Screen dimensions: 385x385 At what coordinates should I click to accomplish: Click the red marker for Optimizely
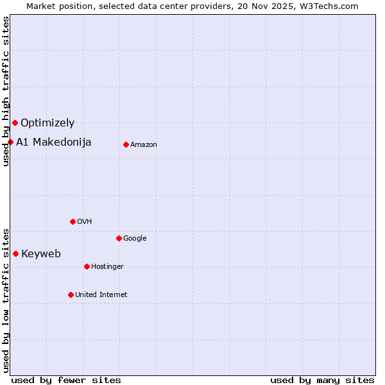15,123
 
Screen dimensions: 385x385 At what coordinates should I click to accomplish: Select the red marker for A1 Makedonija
10,142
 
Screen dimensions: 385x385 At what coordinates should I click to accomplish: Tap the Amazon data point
126,144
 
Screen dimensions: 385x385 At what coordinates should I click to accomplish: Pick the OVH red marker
73,221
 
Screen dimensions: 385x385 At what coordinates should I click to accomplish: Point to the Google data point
119,238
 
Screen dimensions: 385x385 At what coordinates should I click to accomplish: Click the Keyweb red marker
15,253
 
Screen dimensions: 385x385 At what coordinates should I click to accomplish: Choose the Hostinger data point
87,266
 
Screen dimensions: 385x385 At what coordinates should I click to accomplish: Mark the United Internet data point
71,295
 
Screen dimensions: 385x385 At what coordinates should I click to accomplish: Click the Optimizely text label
47,123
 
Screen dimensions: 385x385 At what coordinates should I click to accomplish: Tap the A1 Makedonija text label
54,142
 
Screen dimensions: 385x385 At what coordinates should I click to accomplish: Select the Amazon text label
144,144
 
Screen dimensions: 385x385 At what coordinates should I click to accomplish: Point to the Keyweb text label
41,253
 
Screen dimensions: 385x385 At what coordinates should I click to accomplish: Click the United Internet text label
101,295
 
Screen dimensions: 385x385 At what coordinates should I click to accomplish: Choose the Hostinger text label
107,266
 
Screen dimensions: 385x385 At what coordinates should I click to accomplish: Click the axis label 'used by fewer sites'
66,380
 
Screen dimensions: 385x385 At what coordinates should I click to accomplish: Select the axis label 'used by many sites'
322,380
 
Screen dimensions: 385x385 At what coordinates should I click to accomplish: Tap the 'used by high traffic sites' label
6,91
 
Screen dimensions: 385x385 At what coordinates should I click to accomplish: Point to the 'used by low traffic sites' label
6,300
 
